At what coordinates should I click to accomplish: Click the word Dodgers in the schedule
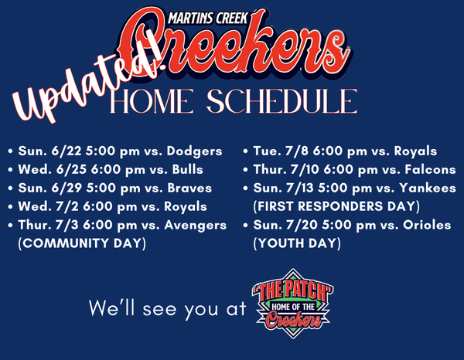pos(194,151)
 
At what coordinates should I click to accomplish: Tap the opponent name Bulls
pos(188,170)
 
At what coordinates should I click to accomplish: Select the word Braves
pos(189,188)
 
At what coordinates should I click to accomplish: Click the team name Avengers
pos(196,226)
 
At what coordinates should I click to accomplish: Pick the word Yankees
pos(428,188)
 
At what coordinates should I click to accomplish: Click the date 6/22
pos(67,151)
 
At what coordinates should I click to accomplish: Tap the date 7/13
pos(300,188)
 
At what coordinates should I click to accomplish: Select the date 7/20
pos(302,226)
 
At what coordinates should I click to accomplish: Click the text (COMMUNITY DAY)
pos(82,243)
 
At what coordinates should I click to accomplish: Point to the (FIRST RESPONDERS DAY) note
pos(336,206)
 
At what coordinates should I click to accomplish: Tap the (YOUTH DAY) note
pos(297,243)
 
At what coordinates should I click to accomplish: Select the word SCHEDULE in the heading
pos(282,101)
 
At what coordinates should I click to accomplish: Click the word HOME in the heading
pos(152,101)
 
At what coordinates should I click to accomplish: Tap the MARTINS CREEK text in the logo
pos(207,19)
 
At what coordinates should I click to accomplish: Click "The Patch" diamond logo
pos(292,304)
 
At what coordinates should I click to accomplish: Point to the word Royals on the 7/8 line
pos(415,151)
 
